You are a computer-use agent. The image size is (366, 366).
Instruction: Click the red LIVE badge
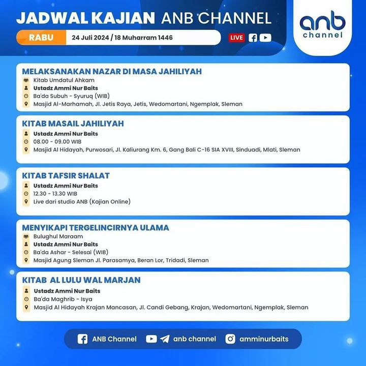pyautogui.click(x=237, y=38)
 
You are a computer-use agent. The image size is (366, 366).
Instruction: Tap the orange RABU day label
pyautogui.click(x=41, y=37)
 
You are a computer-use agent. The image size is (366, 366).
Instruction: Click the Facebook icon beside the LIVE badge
pyautogui.click(x=253, y=38)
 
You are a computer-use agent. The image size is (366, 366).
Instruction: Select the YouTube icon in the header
pyautogui.click(x=265, y=38)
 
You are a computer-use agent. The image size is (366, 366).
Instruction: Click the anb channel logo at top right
pyautogui.click(x=322, y=24)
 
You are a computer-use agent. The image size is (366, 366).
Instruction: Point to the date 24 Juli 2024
pyautogui.click(x=90, y=38)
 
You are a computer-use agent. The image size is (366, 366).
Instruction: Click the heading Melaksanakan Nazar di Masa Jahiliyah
pyautogui.click(x=112, y=72)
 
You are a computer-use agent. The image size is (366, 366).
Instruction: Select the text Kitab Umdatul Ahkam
pyautogui.click(x=64, y=80)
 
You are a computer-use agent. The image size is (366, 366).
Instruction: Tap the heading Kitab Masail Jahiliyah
pyautogui.click(x=73, y=124)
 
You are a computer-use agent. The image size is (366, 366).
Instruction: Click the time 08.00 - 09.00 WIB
pyautogui.click(x=57, y=142)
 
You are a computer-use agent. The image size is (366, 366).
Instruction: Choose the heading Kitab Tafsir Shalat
pyautogui.click(x=66, y=175)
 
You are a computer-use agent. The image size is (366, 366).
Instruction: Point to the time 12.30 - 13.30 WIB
pyautogui.click(x=55, y=194)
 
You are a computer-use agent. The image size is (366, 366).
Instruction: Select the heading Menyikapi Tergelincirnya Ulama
pyautogui.click(x=96, y=228)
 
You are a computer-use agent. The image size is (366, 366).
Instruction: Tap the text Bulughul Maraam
pyautogui.click(x=58, y=236)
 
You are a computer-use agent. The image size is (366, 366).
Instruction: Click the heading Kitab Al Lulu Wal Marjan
pyautogui.click(x=81, y=280)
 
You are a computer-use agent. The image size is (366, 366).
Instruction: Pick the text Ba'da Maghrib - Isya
pyautogui.click(x=63, y=299)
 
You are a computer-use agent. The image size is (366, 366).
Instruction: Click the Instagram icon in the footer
pyautogui.click(x=230, y=339)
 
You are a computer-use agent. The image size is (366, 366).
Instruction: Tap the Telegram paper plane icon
pyautogui.click(x=165, y=339)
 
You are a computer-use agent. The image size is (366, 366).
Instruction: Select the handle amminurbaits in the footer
pyautogui.click(x=264, y=339)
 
